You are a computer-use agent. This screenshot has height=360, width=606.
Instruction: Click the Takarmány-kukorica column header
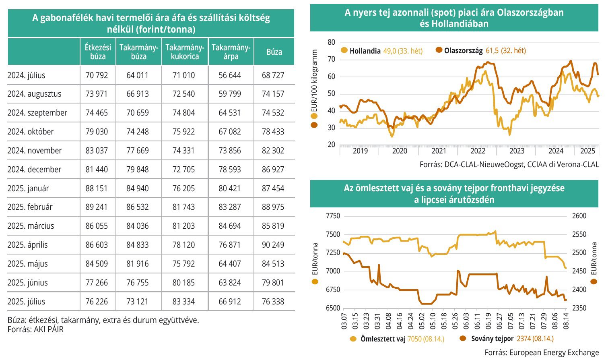click(185, 52)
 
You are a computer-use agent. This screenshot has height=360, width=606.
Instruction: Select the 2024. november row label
click(35, 151)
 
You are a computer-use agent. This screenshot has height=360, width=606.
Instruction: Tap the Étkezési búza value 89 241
click(97, 207)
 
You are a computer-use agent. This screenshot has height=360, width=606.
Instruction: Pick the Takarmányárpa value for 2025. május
click(230, 264)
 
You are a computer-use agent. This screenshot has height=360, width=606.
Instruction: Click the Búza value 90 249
click(273, 245)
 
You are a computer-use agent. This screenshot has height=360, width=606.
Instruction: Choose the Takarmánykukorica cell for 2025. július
click(183, 302)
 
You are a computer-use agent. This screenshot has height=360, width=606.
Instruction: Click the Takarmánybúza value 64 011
click(138, 75)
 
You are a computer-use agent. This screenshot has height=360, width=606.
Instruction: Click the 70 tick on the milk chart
click(331, 60)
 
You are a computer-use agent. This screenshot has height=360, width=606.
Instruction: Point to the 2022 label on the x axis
click(478, 151)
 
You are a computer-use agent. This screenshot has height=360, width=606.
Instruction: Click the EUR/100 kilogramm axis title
click(314, 81)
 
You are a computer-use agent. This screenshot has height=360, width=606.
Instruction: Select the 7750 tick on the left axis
click(333, 216)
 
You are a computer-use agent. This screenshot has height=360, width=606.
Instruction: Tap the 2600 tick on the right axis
click(579, 216)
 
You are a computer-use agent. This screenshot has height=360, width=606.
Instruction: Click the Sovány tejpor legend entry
click(492, 339)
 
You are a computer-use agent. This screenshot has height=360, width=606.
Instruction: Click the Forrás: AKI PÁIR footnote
click(35, 329)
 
